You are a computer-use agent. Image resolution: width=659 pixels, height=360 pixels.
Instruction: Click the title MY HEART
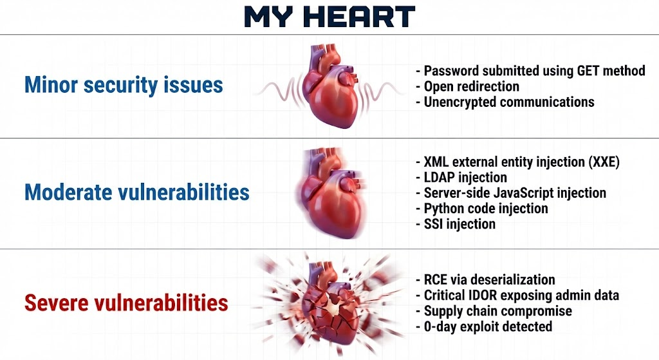tap(329, 17)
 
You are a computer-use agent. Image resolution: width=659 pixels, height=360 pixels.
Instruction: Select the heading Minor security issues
tap(124, 85)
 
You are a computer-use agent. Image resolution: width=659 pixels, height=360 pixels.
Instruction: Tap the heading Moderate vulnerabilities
tap(137, 192)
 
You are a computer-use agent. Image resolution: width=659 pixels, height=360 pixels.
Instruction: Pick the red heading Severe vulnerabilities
tap(126, 303)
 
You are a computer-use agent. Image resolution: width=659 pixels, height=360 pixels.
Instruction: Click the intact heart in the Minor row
tap(333, 86)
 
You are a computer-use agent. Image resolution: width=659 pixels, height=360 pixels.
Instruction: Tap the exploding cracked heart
tap(330, 303)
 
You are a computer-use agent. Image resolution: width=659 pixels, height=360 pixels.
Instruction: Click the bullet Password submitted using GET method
tap(530, 71)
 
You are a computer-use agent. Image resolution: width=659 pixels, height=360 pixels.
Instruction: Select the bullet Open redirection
tap(467, 87)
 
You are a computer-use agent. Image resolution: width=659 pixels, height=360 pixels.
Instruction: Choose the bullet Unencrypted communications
tap(505, 102)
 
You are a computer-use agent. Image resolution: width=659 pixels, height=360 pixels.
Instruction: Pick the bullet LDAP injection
tap(461, 178)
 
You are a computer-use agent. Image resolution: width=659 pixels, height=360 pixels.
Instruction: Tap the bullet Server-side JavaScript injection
tap(510, 193)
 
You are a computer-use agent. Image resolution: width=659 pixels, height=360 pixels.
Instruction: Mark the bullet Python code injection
tap(481, 209)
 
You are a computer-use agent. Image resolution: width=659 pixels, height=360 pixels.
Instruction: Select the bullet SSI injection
tap(456, 224)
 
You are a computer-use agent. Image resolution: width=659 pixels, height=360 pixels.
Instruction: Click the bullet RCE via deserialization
tap(485, 279)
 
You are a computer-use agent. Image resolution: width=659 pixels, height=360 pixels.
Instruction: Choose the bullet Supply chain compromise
tap(494, 311)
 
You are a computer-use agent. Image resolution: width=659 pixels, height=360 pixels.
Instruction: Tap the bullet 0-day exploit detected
tap(484, 327)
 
